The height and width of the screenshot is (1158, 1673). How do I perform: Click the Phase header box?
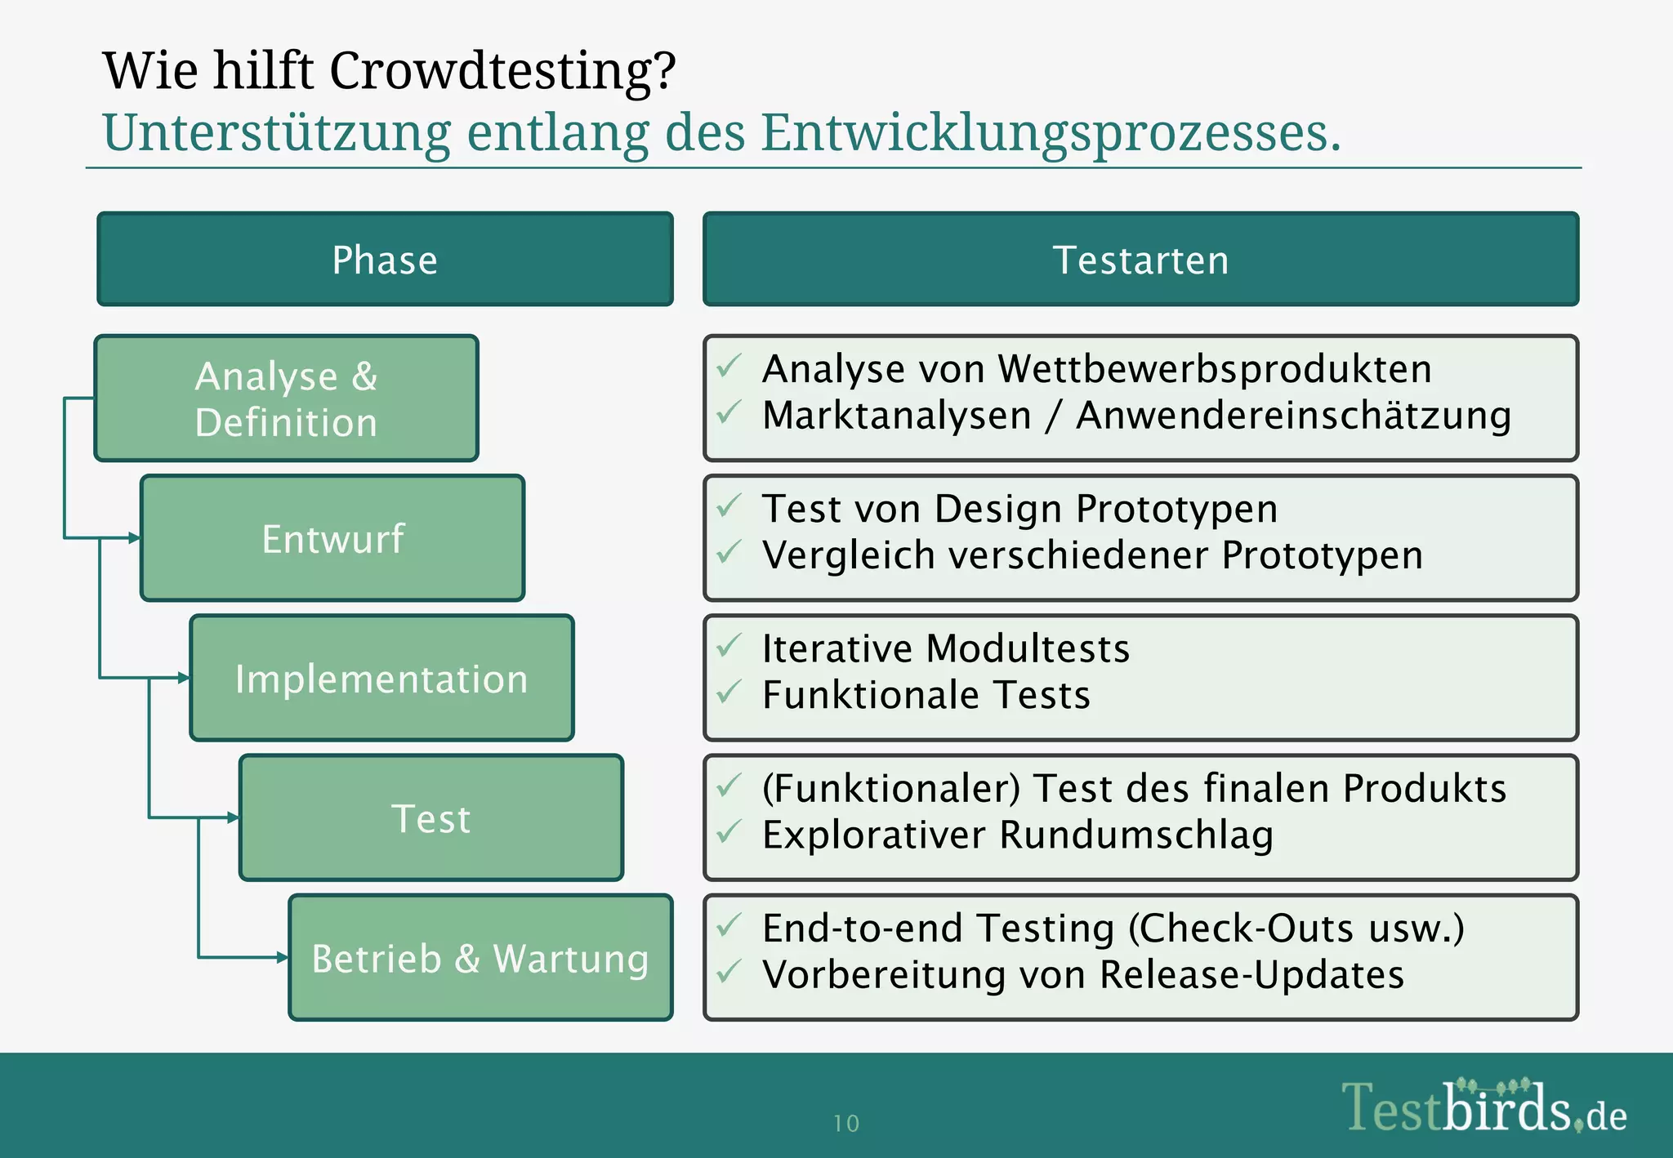[x=385, y=260]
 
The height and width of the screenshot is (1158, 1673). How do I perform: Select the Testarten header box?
[x=1140, y=260]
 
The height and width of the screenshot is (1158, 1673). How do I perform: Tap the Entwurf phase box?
[x=332, y=538]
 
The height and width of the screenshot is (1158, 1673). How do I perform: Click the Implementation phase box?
[x=381, y=678]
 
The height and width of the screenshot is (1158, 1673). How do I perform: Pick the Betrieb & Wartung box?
[x=480, y=957]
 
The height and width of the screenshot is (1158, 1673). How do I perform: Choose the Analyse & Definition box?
[x=286, y=399]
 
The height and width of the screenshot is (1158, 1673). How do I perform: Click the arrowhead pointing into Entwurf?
[x=135, y=537]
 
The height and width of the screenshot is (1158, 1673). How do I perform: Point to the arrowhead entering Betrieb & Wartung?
[x=283, y=957]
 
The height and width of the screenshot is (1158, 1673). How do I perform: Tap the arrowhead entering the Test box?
[x=234, y=817]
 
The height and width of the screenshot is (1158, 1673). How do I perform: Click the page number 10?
[x=846, y=1124]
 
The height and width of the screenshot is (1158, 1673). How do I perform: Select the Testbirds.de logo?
[x=1483, y=1107]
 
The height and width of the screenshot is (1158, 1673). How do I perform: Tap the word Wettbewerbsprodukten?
[x=1215, y=368]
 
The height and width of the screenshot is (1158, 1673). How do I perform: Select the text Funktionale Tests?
[x=926, y=695]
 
